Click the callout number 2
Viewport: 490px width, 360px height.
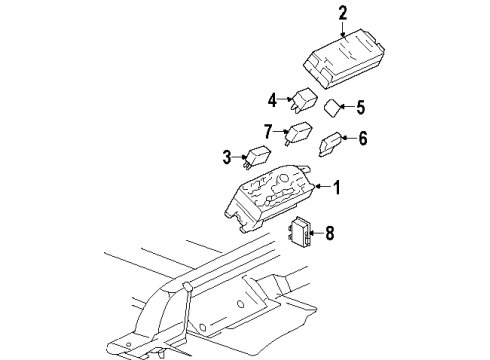[342, 13]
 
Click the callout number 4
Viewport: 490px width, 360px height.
[271, 99]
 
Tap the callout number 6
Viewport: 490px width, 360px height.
[363, 139]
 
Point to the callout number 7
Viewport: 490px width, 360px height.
[268, 132]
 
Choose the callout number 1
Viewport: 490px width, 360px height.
[336, 186]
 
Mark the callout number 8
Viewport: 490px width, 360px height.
[332, 233]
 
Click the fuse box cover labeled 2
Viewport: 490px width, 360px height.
[343, 61]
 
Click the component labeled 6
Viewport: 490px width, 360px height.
[329, 146]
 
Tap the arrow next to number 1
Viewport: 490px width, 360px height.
[321, 187]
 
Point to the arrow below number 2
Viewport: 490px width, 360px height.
[342, 30]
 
